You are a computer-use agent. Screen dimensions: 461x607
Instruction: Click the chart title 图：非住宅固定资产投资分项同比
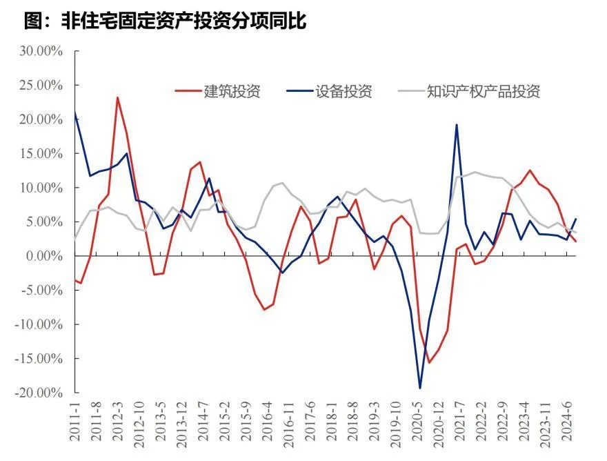tap(166, 21)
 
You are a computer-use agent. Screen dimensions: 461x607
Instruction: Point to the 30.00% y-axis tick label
tap(41, 51)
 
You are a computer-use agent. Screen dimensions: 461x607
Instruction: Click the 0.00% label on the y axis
tap(43, 256)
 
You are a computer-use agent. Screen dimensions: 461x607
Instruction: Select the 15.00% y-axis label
tap(41, 154)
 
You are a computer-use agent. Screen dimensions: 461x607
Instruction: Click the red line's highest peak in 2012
tap(117, 97)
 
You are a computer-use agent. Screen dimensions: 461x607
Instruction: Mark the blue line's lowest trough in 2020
tap(420, 388)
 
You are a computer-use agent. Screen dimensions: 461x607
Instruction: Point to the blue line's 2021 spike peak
tap(457, 125)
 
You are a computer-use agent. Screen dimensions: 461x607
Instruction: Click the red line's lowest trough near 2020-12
tap(428, 362)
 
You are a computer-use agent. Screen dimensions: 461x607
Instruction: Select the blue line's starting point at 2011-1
tap(74, 112)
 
